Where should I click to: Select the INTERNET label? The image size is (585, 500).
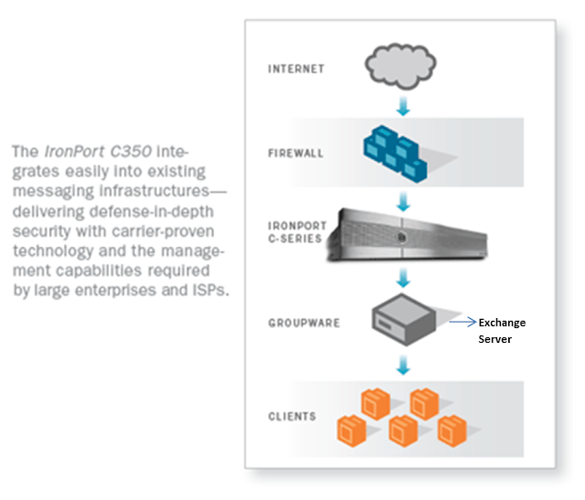pyautogui.click(x=296, y=69)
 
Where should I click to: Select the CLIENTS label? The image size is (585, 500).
pyautogui.click(x=292, y=417)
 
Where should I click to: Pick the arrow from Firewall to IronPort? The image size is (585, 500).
pyautogui.click(x=402, y=195)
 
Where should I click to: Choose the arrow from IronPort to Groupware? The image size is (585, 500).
pyautogui.click(x=402, y=277)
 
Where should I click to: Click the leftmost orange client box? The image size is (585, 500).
pyautogui.click(x=352, y=428)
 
